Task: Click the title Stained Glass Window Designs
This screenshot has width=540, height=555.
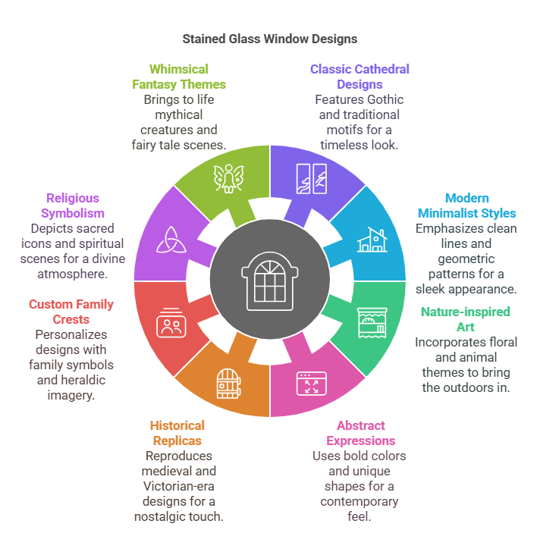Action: [270, 38]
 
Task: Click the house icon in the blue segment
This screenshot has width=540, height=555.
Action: [372, 239]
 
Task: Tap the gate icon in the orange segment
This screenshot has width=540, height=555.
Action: [227, 383]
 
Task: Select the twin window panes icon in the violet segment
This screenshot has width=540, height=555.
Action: [312, 179]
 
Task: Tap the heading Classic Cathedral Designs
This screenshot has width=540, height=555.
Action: [359, 77]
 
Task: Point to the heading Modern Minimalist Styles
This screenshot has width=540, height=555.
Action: [466, 205]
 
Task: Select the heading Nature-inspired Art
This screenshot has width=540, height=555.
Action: [466, 319]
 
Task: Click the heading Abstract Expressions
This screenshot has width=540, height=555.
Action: [361, 433]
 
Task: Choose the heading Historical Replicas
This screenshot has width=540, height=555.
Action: [177, 433]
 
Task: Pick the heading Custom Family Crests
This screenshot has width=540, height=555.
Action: [71, 312]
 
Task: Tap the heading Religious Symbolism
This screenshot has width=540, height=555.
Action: [73, 205]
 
